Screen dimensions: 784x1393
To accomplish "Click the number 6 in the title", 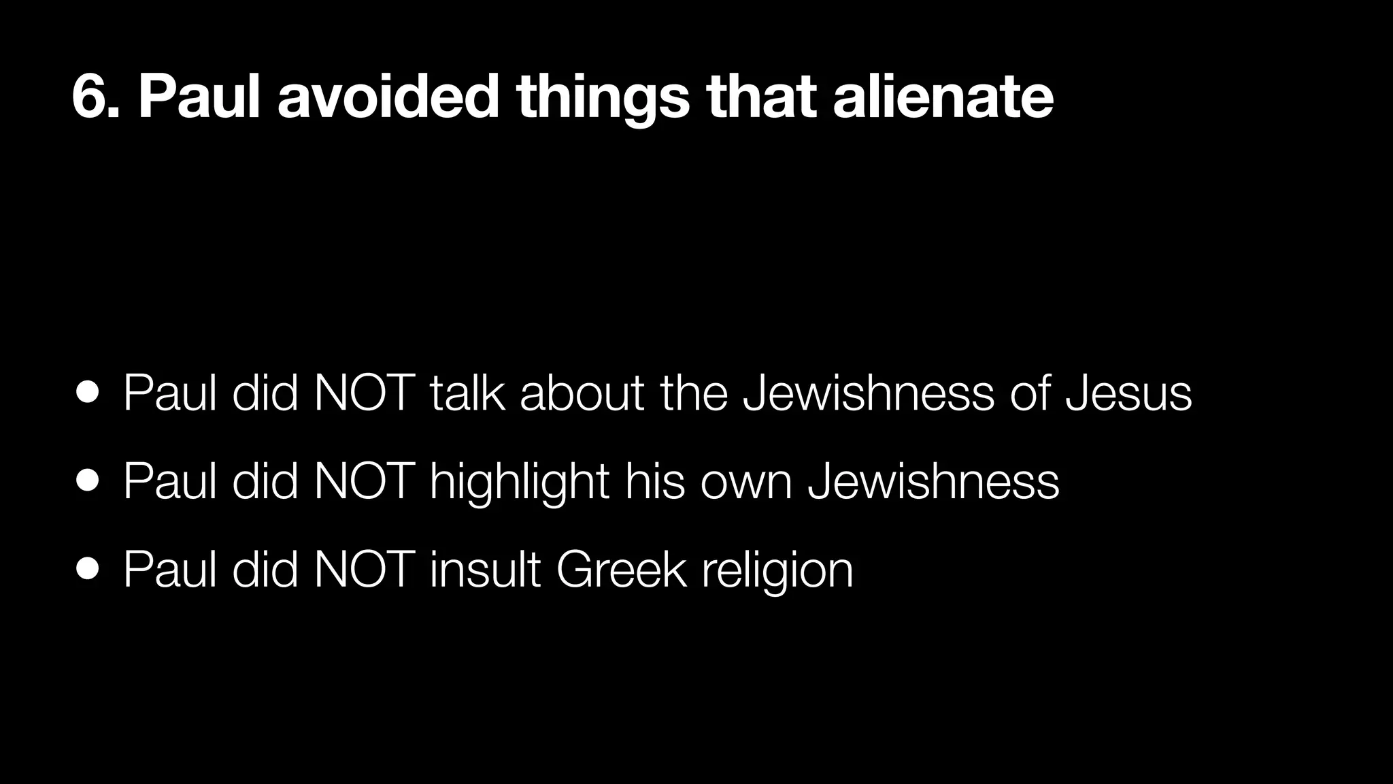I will point(88,98).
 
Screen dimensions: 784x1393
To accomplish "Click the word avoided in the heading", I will point(388,98).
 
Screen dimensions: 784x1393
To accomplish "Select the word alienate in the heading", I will point(943,98).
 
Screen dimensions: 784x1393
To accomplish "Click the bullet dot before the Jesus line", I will point(88,393).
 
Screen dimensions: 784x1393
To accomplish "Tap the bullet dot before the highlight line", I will point(88,480).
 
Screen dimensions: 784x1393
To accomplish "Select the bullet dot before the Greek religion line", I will point(88,568).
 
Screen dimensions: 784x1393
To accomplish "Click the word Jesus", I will point(1128,393).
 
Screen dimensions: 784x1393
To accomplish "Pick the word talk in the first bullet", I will point(467,393).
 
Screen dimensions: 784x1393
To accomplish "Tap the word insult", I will point(486,569).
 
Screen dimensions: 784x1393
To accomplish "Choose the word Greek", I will point(621,569).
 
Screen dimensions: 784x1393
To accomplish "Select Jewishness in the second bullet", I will point(933,481).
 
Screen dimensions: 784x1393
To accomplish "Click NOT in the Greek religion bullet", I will point(365,569).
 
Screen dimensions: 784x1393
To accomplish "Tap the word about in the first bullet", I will point(582,393).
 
